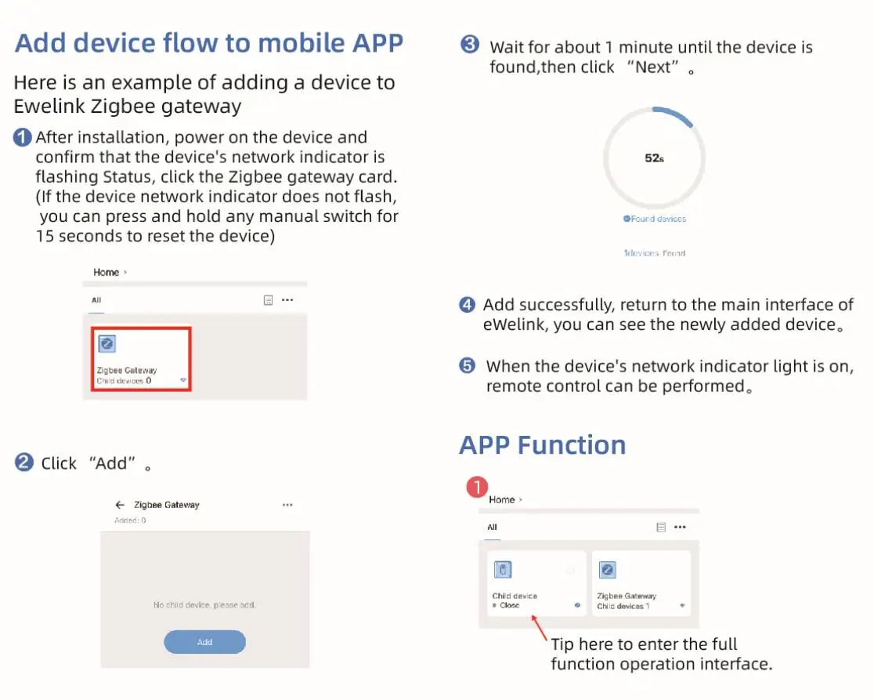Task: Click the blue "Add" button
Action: click(204, 642)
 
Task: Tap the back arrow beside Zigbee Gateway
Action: click(120, 505)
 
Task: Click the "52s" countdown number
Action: click(654, 158)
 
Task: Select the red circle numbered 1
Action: click(477, 488)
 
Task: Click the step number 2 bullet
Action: click(23, 462)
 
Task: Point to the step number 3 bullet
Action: click(470, 45)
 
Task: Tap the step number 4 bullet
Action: click(467, 305)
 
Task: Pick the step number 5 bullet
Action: click(467, 366)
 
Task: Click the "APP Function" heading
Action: click(542, 444)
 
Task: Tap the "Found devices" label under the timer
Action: click(655, 219)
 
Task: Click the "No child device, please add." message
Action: click(204, 605)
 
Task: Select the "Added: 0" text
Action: click(130, 520)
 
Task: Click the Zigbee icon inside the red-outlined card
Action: click(107, 343)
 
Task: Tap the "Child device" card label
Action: click(515, 596)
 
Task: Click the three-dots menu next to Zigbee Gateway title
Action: click(287, 505)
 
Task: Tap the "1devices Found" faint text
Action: click(655, 253)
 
